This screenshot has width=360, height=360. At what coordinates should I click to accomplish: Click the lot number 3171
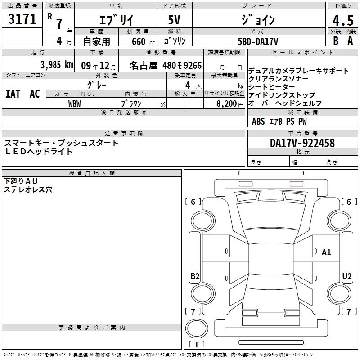pyautogui.click(x=22, y=19)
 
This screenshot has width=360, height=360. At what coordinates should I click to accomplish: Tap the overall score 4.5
pyautogui.click(x=343, y=20)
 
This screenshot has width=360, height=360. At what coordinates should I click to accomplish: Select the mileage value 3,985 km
pyautogui.click(x=57, y=65)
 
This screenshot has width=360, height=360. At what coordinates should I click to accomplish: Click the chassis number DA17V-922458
pyautogui.click(x=302, y=143)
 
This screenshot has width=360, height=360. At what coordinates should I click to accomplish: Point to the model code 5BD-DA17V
pyautogui.click(x=258, y=41)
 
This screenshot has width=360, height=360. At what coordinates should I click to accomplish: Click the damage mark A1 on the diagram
pyautogui.click(x=326, y=252)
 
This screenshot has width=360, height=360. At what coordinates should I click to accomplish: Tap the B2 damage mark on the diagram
pyautogui.click(x=195, y=276)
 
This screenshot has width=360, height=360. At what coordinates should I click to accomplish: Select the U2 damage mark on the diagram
pyautogui.click(x=346, y=276)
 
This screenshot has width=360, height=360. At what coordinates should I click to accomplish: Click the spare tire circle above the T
pyautogui.click(x=197, y=329)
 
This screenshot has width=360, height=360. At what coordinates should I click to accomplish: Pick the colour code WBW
pyautogui.click(x=75, y=104)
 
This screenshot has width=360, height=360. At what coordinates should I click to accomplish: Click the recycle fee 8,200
pyautogui.click(x=227, y=104)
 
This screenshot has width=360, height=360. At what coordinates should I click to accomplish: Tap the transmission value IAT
pyautogui.click(x=13, y=94)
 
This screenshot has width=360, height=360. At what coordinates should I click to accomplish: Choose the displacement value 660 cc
pyautogui.click(x=143, y=42)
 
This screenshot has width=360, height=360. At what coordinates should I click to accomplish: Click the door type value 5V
pyautogui.click(x=174, y=20)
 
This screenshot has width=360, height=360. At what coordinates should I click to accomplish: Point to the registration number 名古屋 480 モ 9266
pyautogui.click(x=166, y=65)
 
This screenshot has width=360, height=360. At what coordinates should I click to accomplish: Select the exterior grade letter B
pyautogui.click(x=336, y=41)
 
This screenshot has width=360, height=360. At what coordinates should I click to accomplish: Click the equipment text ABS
pyautogui.click(x=258, y=121)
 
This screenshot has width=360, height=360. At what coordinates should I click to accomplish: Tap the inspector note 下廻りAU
pyautogui.click(x=21, y=181)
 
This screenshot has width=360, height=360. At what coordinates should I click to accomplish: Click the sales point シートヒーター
pyautogui.click(x=272, y=87)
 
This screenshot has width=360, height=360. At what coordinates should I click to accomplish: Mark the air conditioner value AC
pyautogui.click(x=35, y=94)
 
